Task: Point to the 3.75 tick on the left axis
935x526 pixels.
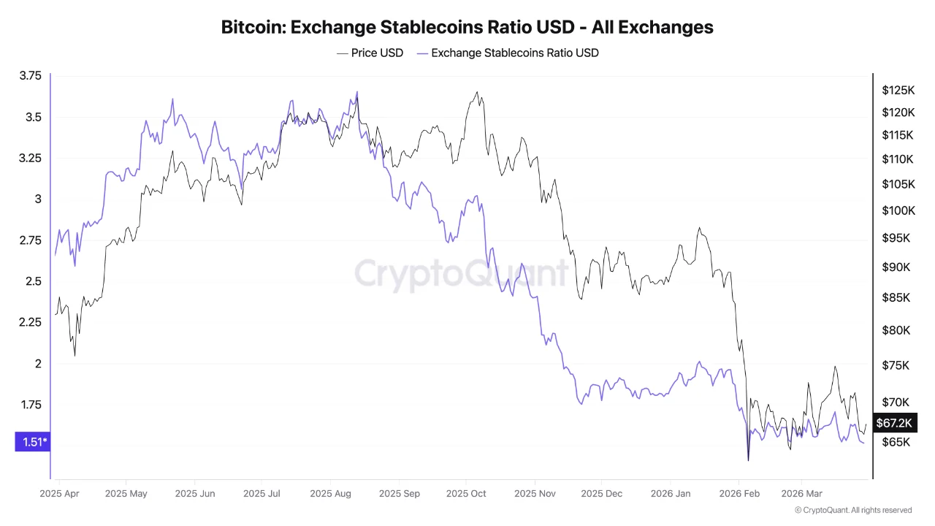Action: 31,75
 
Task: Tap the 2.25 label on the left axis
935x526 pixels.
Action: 31,322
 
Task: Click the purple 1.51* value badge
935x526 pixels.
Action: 32,441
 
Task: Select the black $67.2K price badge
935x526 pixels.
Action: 893,423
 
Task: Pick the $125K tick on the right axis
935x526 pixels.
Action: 898,91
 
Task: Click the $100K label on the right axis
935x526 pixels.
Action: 898,211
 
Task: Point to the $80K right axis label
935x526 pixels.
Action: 896,330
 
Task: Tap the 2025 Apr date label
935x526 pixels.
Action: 60,494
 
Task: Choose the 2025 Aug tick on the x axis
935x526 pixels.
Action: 330,494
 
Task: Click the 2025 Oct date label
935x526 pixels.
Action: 466,494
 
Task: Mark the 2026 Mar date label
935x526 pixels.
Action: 801,494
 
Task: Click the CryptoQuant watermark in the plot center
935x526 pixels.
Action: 461,274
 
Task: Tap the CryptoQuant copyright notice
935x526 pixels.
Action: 852,510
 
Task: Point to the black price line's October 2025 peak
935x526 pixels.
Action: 477,92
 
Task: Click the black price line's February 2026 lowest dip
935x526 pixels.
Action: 748,460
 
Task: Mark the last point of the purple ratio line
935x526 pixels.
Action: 864,443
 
